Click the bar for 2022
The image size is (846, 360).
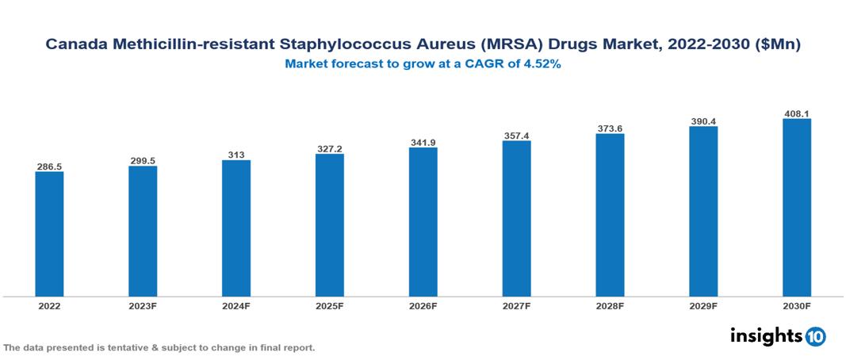click(x=49, y=234)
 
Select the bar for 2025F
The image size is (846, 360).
click(x=330, y=225)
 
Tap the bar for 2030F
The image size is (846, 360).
click(x=797, y=208)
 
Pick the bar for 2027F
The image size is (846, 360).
click(x=516, y=219)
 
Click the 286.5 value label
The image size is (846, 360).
click(x=49, y=167)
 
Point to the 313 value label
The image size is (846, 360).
click(x=236, y=155)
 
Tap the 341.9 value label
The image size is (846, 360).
click(x=423, y=142)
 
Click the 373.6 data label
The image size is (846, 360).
click(x=610, y=128)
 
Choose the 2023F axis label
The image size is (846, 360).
click(x=143, y=306)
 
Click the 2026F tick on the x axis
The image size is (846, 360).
click(x=423, y=306)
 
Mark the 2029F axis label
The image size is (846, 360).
click(x=703, y=306)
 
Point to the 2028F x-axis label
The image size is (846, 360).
click(x=610, y=306)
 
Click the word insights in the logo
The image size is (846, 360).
click(x=765, y=335)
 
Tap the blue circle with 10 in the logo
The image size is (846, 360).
click(x=815, y=336)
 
